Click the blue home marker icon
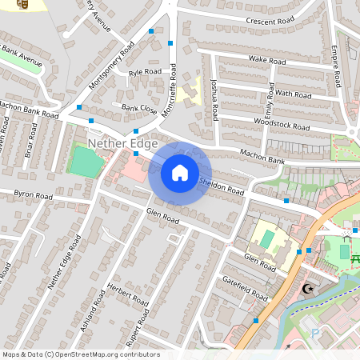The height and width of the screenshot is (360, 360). [x=180, y=173]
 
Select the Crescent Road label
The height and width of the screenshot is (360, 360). [x=271, y=21]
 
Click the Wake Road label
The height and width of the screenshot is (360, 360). [x=267, y=60]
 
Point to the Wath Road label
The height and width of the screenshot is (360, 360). [x=293, y=94]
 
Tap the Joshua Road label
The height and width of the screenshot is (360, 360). [x=214, y=100]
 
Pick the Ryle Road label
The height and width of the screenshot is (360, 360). [x=145, y=72]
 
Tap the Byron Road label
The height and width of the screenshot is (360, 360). [x=33, y=195]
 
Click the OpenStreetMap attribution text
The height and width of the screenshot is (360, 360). [x=81, y=354]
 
